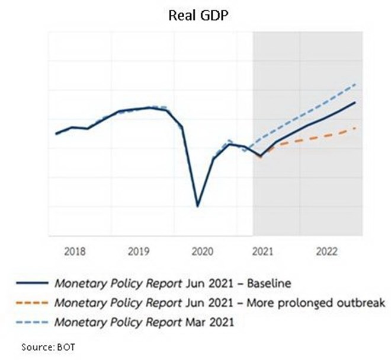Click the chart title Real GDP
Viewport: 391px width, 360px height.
(x=196, y=15)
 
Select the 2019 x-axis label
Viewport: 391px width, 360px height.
(x=139, y=251)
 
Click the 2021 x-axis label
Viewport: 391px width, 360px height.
(x=263, y=251)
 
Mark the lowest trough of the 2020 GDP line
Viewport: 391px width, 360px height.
(x=197, y=206)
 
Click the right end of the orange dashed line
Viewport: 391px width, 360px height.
(x=355, y=128)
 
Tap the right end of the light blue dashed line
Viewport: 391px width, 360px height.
(x=355, y=85)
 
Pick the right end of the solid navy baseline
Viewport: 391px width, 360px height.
(x=355, y=103)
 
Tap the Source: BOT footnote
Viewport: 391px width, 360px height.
(x=45, y=346)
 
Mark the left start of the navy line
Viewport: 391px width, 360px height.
(x=56, y=133)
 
